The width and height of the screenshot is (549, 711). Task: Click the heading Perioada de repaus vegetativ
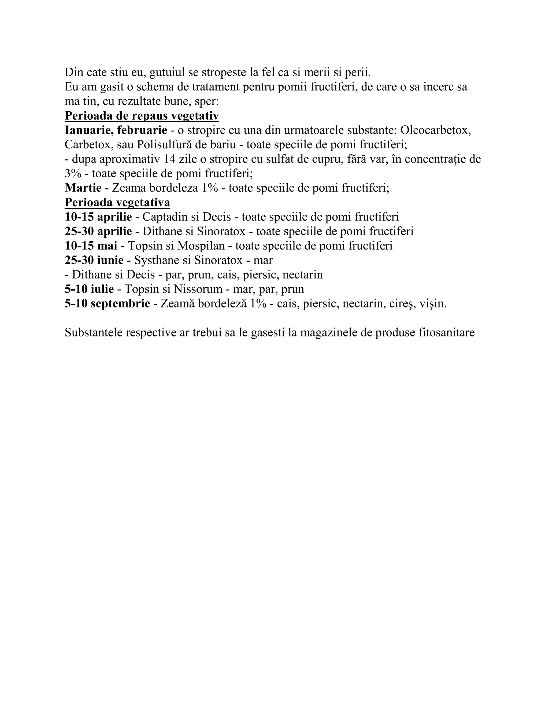pos(142,116)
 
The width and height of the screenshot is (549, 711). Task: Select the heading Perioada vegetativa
pos(117,203)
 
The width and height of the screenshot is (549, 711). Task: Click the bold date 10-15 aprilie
pos(98,217)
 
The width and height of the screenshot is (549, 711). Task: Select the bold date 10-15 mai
pos(91,246)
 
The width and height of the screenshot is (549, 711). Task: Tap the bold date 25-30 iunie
pos(94,260)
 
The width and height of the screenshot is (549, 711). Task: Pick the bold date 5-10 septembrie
pos(107,304)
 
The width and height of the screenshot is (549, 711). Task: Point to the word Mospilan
pos(201,246)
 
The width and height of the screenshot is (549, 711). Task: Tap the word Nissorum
pos(198,289)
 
